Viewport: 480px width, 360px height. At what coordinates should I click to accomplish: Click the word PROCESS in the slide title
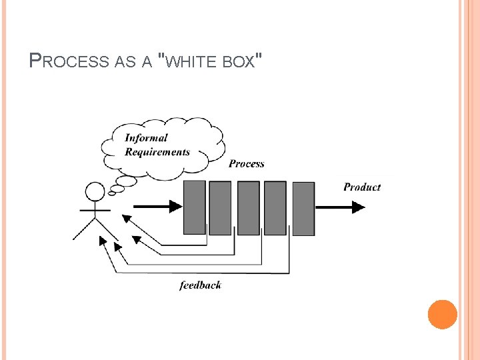pyautogui.click(x=70, y=61)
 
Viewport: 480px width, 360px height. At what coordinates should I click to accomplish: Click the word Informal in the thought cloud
pyautogui.click(x=147, y=138)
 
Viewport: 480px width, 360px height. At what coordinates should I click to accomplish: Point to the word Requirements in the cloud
pyautogui.click(x=157, y=151)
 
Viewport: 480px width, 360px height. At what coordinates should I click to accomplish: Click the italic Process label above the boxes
pyautogui.click(x=247, y=163)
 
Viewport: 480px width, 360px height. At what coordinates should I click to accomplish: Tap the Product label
pyautogui.click(x=362, y=187)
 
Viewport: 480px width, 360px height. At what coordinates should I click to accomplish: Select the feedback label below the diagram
pyautogui.click(x=200, y=285)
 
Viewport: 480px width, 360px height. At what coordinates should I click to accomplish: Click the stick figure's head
pyautogui.click(x=95, y=193)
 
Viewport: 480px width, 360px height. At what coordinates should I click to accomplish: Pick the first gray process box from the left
pyautogui.click(x=194, y=207)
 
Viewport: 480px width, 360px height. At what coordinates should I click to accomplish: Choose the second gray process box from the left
pyautogui.click(x=220, y=208)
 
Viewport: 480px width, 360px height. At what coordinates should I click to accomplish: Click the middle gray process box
pyautogui.click(x=248, y=208)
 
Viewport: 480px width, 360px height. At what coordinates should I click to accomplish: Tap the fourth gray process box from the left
pyautogui.click(x=275, y=208)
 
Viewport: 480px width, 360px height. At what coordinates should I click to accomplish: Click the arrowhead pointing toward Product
pyautogui.click(x=358, y=207)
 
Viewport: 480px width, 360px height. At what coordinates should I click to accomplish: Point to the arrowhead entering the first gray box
pyautogui.click(x=175, y=206)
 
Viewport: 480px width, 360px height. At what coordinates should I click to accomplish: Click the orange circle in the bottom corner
pyautogui.click(x=443, y=315)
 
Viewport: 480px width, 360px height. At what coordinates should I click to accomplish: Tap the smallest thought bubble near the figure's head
pyautogui.click(x=113, y=190)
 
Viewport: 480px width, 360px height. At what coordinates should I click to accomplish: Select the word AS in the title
pyautogui.click(x=125, y=62)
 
